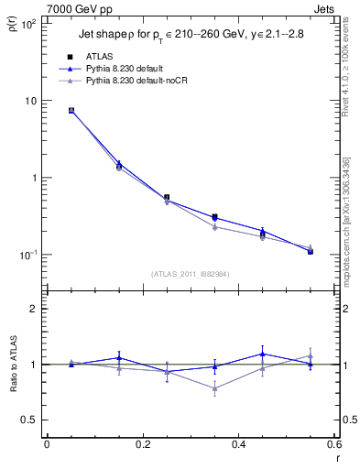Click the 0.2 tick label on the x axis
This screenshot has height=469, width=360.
pyautogui.click(x=142, y=445)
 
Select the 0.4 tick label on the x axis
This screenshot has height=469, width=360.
pyautogui.click(x=238, y=445)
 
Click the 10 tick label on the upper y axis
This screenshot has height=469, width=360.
pyautogui.click(x=30, y=101)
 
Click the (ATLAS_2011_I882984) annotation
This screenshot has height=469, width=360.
pyautogui.click(x=191, y=273)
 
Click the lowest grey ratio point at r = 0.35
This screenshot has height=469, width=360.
pyautogui.click(x=214, y=388)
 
